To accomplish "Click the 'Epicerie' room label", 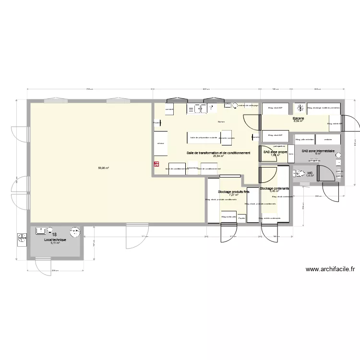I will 299,118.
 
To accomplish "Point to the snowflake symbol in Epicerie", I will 301,108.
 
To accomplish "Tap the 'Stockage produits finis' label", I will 234,192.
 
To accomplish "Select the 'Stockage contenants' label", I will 274,189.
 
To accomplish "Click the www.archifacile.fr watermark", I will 329,270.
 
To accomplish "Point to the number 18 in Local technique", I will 54,235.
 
